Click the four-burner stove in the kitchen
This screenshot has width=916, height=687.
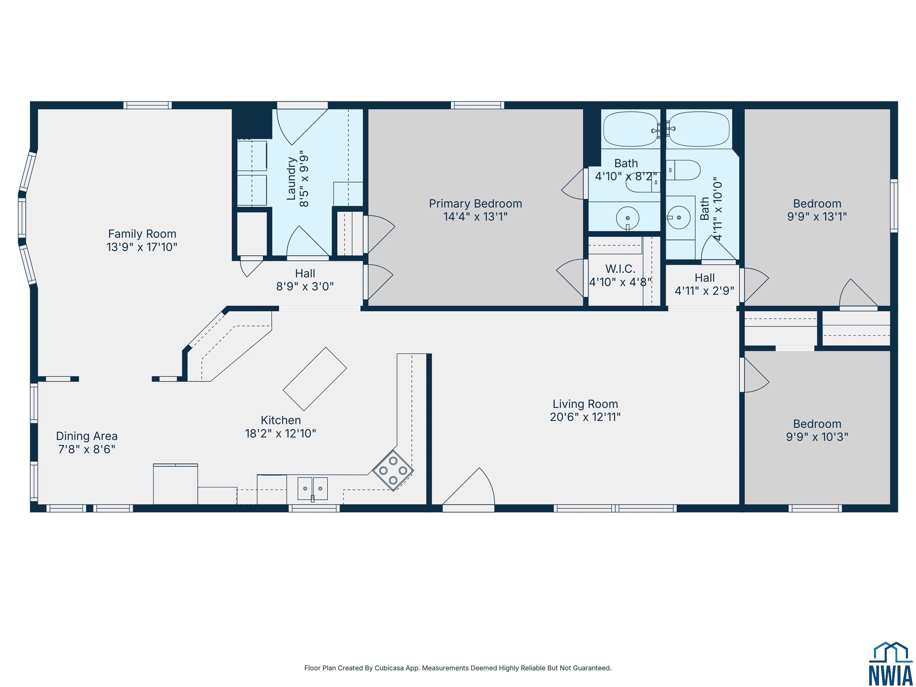tap(393, 471)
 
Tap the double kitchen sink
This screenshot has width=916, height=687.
tap(313, 489)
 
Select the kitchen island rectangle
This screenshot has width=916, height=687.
tap(315, 379)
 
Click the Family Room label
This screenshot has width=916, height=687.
tap(142, 234)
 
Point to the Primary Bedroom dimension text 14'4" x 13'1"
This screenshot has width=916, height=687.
tap(475, 216)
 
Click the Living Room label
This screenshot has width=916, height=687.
tap(585, 404)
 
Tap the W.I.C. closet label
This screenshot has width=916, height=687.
tap(620, 269)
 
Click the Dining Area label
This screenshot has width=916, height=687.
tap(86, 436)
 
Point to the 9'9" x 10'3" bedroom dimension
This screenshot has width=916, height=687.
tap(817, 437)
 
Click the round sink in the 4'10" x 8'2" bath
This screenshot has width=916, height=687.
tap(627, 218)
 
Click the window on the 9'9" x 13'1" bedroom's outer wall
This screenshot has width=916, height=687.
tap(894, 206)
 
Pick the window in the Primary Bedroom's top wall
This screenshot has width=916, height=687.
tap(477, 105)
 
